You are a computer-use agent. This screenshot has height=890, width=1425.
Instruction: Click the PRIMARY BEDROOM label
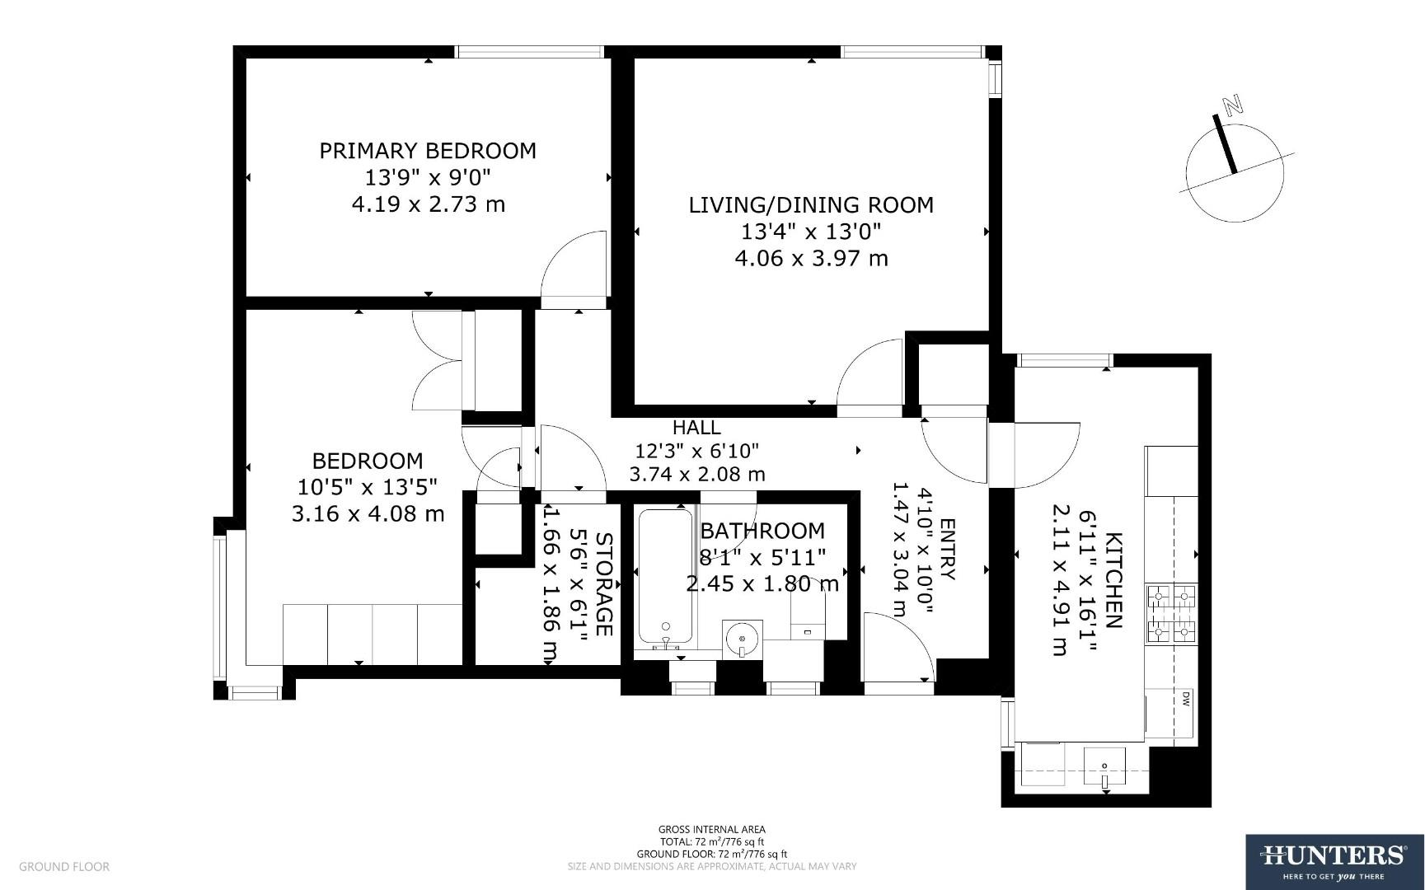click(x=428, y=151)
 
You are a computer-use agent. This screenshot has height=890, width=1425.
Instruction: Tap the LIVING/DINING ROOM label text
click(x=811, y=205)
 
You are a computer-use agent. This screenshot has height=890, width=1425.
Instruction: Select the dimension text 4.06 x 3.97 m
click(x=811, y=259)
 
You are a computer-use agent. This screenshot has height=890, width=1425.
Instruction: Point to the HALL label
click(x=696, y=428)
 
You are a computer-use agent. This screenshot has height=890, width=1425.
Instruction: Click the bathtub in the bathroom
click(x=665, y=577)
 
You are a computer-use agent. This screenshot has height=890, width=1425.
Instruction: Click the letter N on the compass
click(x=1233, y=105)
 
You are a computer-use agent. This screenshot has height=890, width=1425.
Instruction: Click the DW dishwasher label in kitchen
click(x=1186, y=700)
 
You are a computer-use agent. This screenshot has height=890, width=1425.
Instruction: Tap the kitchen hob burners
click(x=1171, y=613)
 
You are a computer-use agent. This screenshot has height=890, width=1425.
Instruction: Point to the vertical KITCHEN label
click(x=1113, y=580)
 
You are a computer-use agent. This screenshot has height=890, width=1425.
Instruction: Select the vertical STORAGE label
click(x=603, y=584)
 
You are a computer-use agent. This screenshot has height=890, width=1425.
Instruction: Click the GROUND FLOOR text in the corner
click(x=64, y=867)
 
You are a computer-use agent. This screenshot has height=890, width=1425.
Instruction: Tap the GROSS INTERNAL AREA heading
click(x=711, y=830)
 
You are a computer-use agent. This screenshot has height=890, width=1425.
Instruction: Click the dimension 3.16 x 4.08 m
click(x=368, y=514)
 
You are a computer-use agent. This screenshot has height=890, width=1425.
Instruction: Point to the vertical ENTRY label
click(x=947, y=550)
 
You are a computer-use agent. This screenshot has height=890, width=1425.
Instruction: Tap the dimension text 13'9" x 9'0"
click(x=428, y=177)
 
